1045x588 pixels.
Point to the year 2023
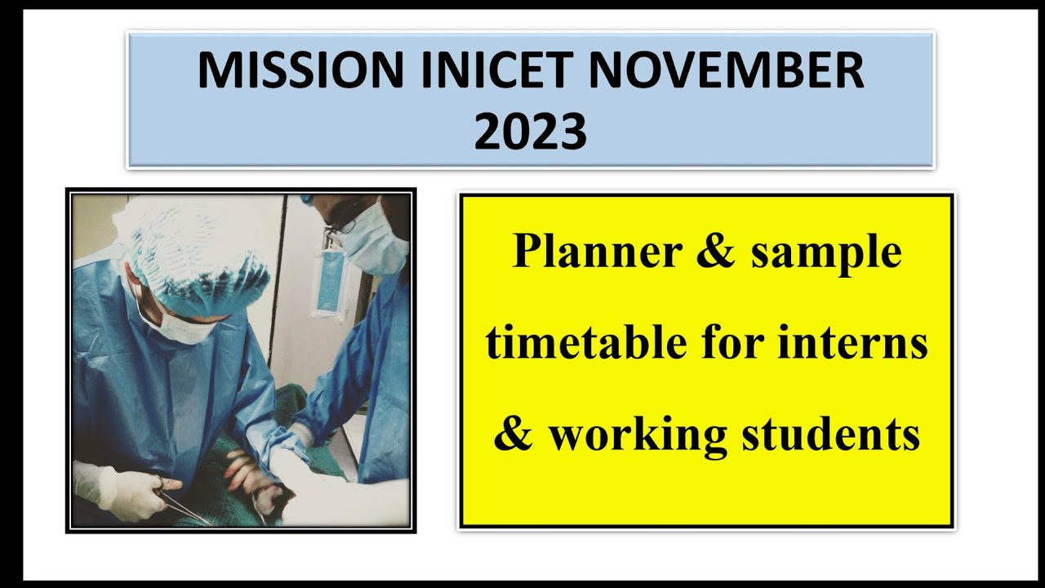tap(530, 131)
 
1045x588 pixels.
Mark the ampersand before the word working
tap(513, 434)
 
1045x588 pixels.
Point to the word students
tap(831, 434)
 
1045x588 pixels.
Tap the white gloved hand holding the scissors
tap(122, 490)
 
